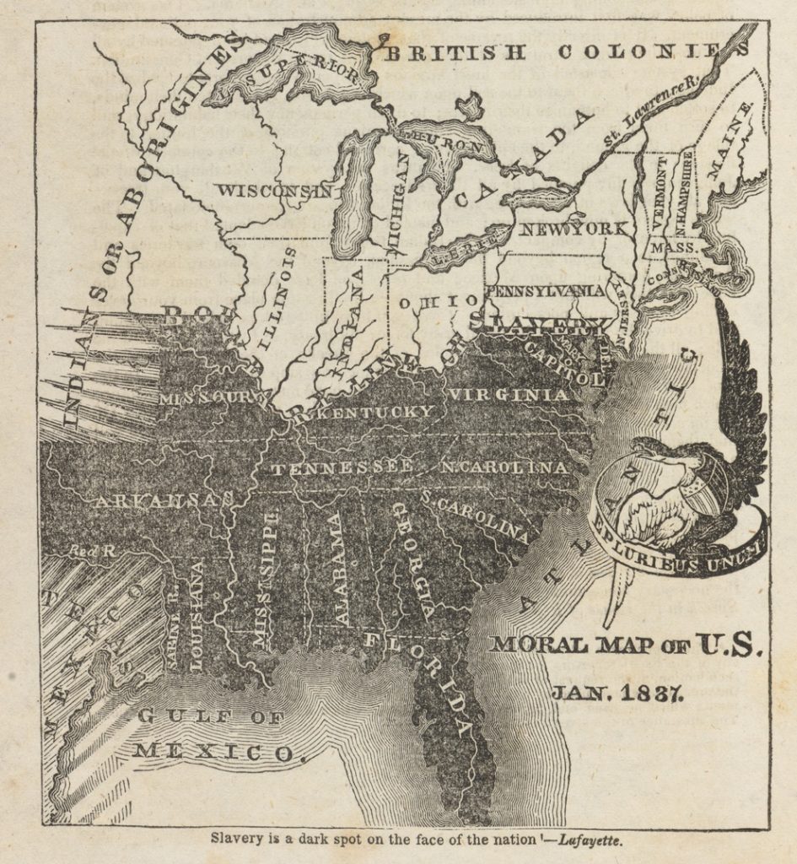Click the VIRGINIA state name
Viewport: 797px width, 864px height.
[508, 395]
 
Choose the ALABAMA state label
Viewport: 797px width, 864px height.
[341, 569]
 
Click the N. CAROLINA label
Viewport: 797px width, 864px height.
[504, 467]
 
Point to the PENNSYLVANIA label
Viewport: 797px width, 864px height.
[546, 290]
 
